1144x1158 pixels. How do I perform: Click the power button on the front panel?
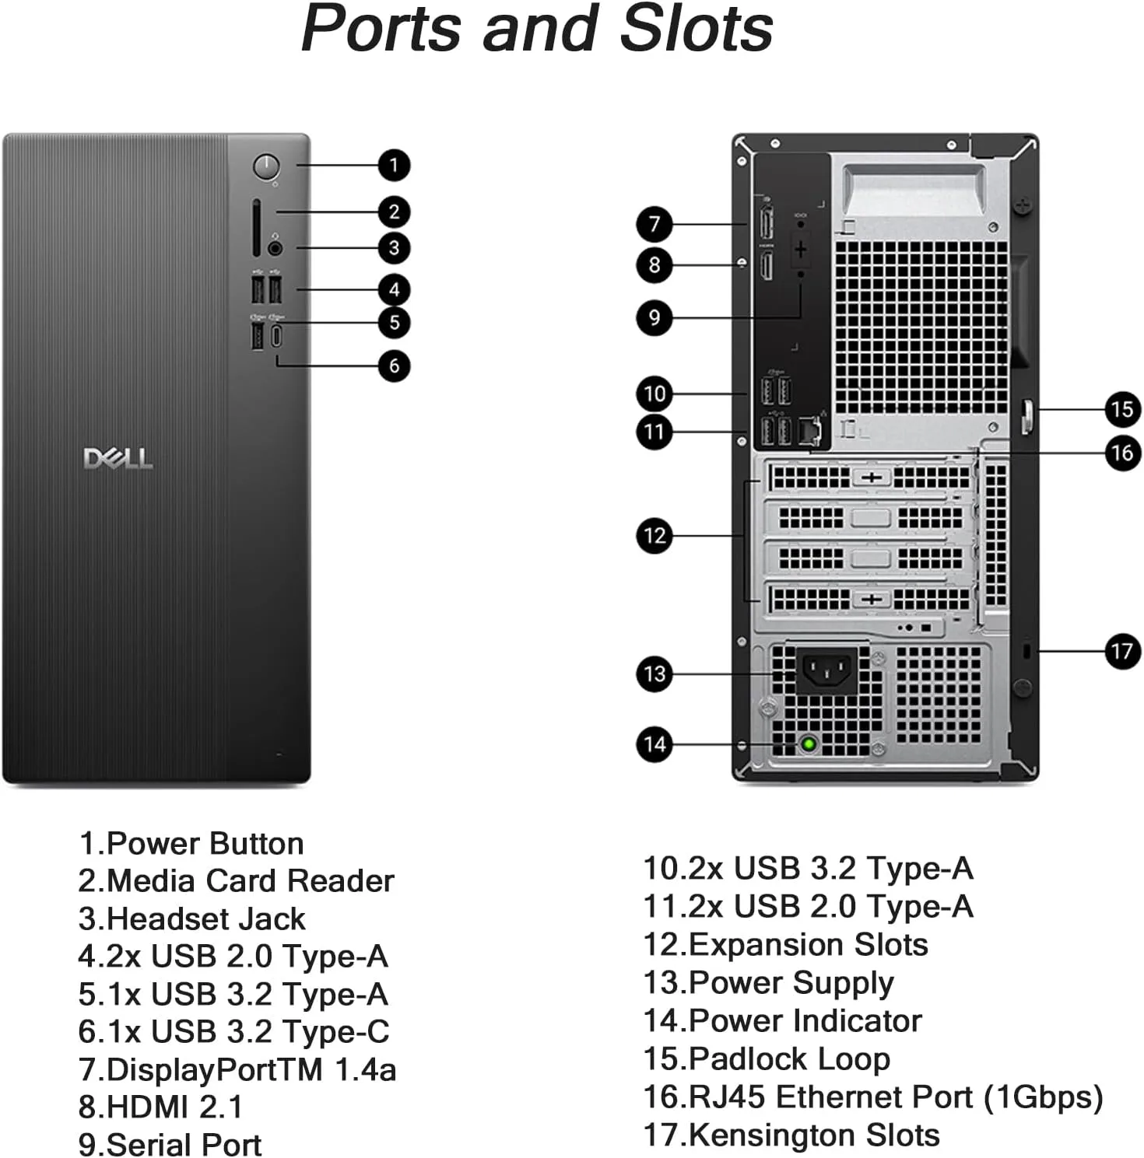click(266, 166)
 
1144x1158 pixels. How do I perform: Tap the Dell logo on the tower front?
click(118, 458)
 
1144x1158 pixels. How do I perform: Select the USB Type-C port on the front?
click(276, 336)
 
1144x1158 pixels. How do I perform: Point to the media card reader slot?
click(256, 227)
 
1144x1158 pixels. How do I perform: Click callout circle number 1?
click(394, 165)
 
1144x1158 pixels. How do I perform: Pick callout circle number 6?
click(394, 366)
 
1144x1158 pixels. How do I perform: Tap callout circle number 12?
click(654, 536)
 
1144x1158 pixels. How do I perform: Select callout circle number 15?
click(1121, 409)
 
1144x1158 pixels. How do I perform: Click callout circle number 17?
click(1121, 651)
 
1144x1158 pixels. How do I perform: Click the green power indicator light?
click(809, 744)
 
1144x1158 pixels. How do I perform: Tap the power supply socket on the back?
click(826, 670)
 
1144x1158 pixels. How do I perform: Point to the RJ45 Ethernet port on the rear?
click(810, 429)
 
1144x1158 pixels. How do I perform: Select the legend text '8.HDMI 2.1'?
click(161, 1107)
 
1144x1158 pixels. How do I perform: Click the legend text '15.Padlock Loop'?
click(767, 1058)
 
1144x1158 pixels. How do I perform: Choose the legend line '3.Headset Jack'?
click(191, 918)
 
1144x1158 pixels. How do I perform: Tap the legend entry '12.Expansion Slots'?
click(785, 944)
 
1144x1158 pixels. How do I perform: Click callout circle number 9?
click(654, 317)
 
